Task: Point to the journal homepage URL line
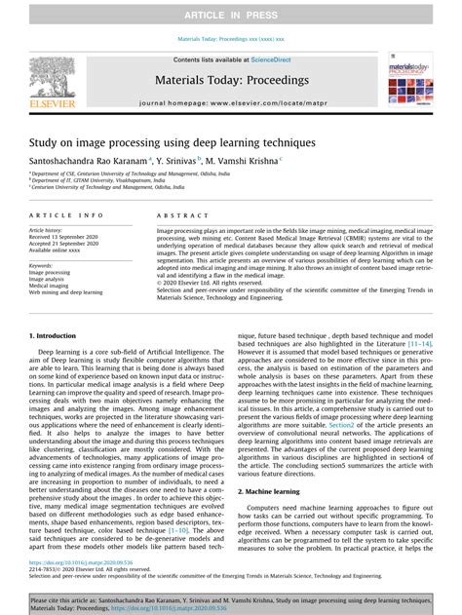pyautogui.click(x=230, y=102)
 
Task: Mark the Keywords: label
pyautogui.click(x=45, y=265)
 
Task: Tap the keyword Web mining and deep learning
pyautogui.click(x=66, y=292)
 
